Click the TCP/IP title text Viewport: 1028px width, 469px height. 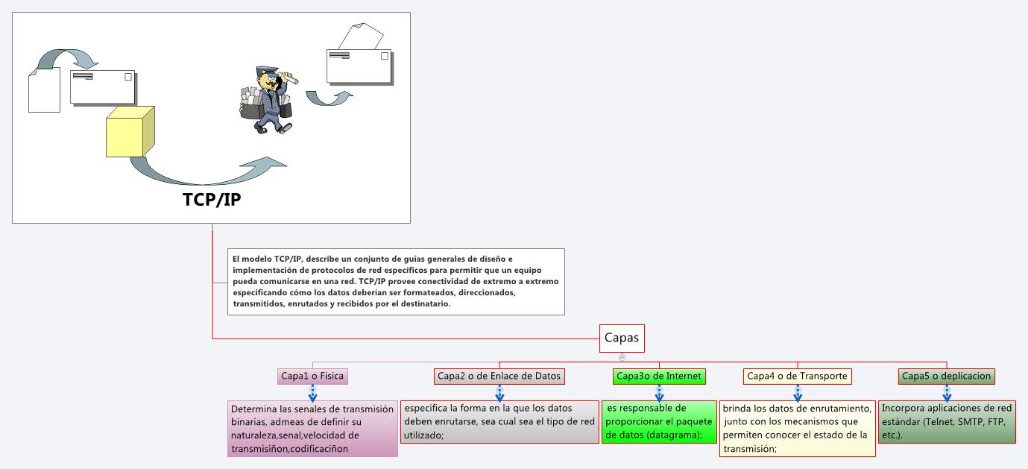pos(212,201)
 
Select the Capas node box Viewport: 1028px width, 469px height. pos(622,338)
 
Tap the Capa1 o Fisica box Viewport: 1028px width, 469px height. pos(312,376)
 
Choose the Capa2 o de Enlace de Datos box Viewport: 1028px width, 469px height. pos(499,376)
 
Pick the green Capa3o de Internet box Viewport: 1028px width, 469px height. pos(658,376)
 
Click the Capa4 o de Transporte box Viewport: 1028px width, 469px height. pos(797,376)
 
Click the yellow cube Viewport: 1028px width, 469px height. pos(130,132)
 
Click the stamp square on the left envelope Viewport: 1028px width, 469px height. pos(128,77)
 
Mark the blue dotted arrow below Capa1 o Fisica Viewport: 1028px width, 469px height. pos(312,393)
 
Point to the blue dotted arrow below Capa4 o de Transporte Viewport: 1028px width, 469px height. pos(797,393)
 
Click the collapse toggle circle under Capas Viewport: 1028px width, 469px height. pos(622,357)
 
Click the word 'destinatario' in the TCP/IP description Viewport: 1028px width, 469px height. pos(420,303)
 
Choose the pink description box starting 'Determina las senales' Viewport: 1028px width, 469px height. pos(312,429)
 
